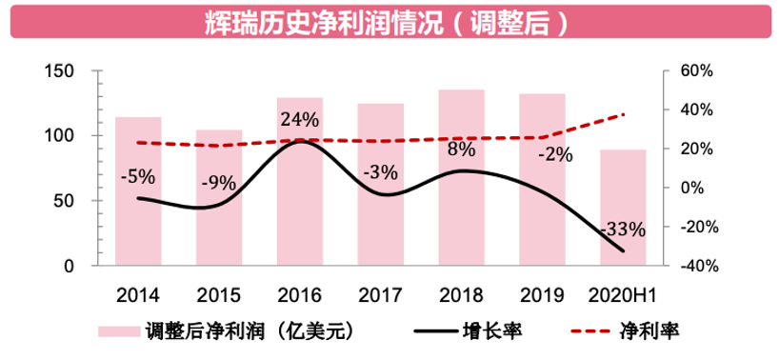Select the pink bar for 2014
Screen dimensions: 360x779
tap(138, 190)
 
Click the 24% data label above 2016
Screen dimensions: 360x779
tap(299, 121)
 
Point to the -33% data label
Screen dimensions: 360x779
tap(623, 230)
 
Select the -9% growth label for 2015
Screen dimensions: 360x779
tap(218, 183)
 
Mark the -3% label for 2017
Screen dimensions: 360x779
tap(380, 172)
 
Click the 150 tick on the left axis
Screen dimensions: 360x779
tap(60, 71)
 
